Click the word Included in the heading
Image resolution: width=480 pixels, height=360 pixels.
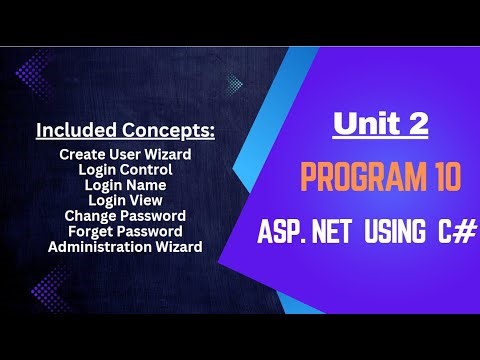tap(72, 131)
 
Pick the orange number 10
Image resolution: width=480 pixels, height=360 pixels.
tap(440, 180)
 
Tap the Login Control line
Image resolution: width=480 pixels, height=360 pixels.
tap(125, 170)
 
